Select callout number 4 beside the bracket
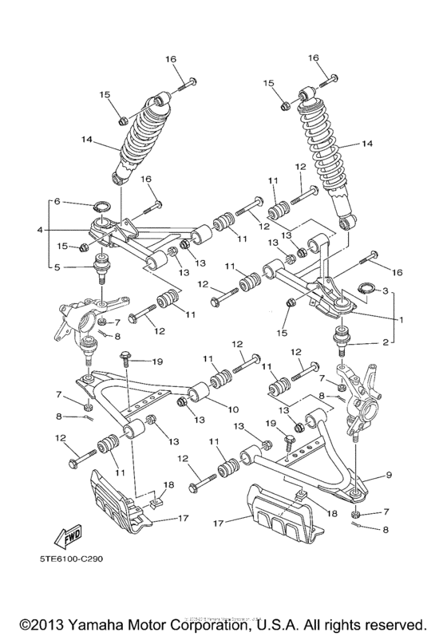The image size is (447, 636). [38, 231]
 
